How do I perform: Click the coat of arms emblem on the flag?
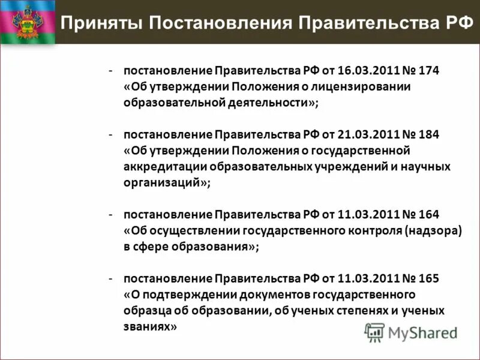[27, 23]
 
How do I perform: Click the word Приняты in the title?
[100, 23]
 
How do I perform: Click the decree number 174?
[430, 71]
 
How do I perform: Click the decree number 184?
[430, 134]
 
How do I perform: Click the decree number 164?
[430, 214]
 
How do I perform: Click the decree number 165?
[430, 278]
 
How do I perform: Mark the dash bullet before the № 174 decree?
[112, 71]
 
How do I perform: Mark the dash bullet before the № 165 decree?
[112, 278]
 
